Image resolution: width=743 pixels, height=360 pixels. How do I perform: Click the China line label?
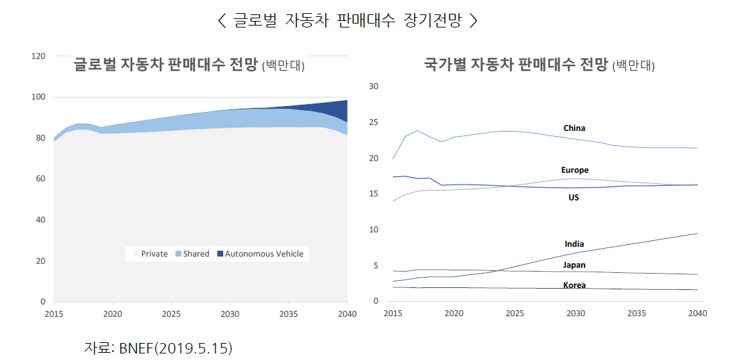[574, 128]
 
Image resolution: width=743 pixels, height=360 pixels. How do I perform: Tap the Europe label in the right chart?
[575, 170]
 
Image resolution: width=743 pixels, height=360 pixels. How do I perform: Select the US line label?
[573, 197]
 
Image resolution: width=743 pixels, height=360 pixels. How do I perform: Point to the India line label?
[574, 244]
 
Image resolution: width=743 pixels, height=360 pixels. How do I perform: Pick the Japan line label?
[574, 265]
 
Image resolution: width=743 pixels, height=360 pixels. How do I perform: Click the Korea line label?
[574, 285]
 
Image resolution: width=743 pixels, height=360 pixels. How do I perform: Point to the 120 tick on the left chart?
[38, 56]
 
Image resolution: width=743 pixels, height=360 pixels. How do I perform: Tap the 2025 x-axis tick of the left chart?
[171, 314]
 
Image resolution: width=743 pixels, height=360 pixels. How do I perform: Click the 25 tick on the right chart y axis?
[374, 122]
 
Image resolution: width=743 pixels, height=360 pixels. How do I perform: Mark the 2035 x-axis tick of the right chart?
[636, 313]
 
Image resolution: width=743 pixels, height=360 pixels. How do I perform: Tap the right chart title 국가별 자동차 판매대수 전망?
[516, 65]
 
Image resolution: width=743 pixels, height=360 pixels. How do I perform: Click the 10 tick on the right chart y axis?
[374, 230]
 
